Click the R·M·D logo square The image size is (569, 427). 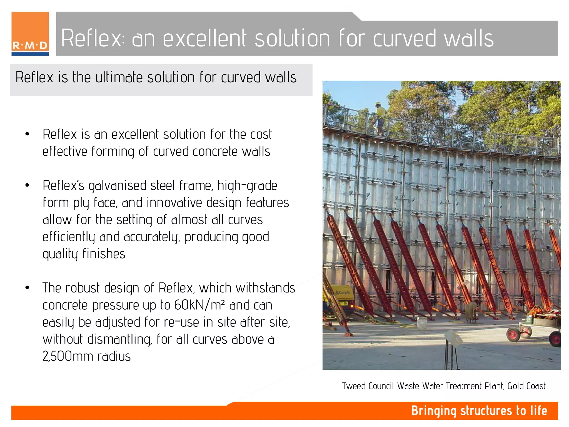tap(30, 33)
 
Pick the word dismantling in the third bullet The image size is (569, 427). tap(119, 339)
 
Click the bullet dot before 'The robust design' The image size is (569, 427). tap(27, 288)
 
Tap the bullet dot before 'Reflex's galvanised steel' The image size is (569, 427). tap(27, 185)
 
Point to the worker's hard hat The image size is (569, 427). tap(378, 104)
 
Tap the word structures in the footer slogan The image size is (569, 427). tap(486, 411)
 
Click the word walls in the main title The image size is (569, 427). tap(469, 38)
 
